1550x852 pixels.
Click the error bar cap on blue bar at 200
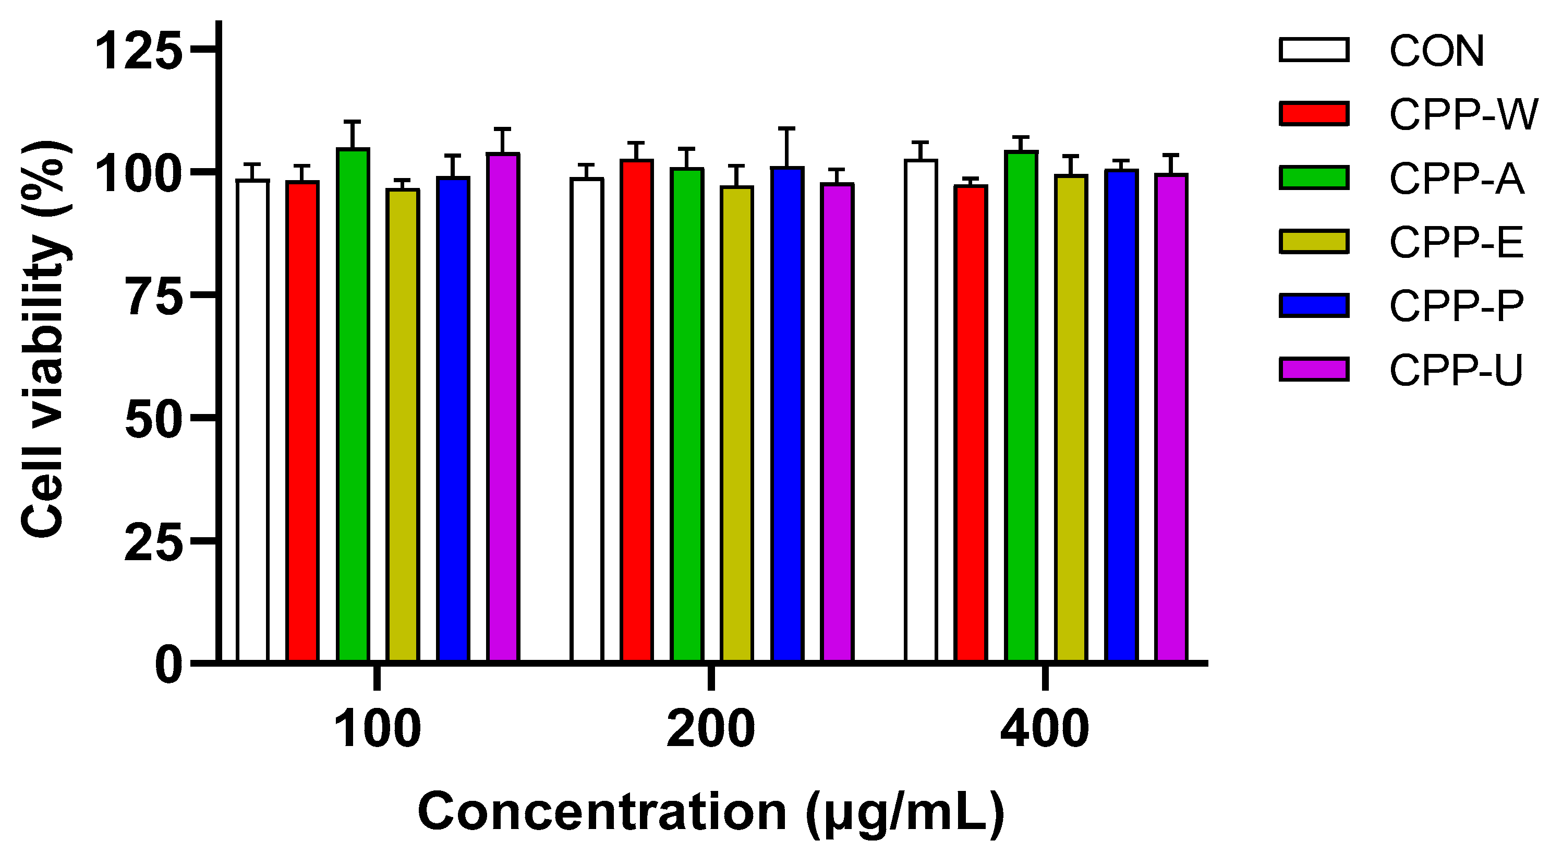[787, 128]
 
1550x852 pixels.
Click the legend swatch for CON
[1314, 50]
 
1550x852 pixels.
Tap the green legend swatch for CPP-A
[1314, 178]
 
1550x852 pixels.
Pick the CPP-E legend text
[1456, 242]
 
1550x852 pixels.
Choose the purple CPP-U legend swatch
[1314, 369]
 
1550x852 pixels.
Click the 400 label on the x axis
[1045, 729]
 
